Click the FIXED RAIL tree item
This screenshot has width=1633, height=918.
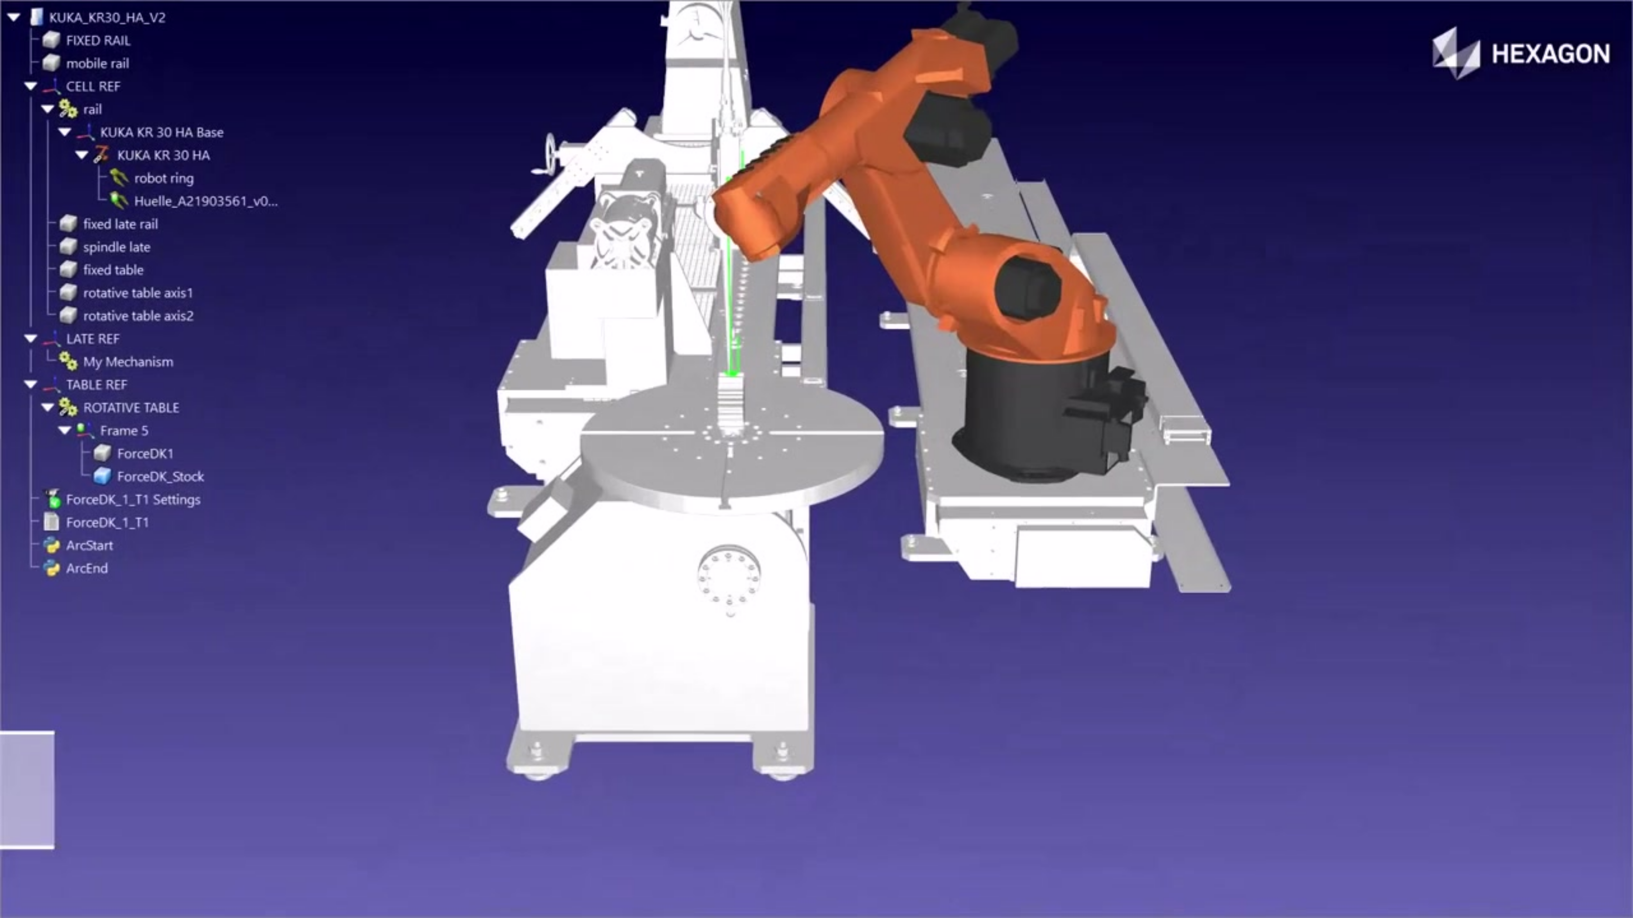coord(98,40)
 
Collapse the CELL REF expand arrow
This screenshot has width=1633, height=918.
coord(30,86)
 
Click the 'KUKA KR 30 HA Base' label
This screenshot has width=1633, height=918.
coord(162,132)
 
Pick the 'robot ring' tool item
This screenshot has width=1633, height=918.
coord(164,178)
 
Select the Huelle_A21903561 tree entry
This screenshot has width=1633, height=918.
coord(206,201)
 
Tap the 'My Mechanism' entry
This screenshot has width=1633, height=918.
coord(128,362)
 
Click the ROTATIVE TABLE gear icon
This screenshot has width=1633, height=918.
coord(68,407)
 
